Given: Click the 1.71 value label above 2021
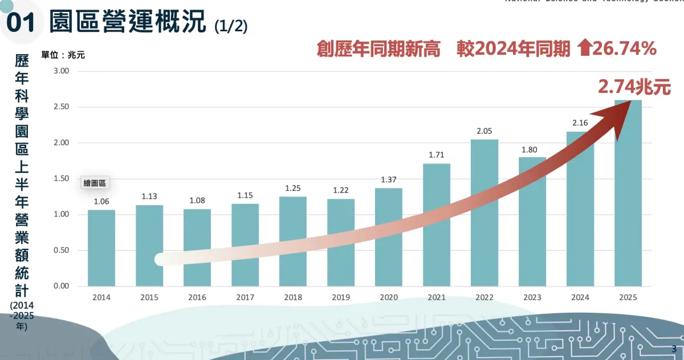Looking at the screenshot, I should tap(436, 154).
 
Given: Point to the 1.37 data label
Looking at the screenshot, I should tap(389, 179).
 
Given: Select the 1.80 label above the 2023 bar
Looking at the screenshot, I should tap(532, 149).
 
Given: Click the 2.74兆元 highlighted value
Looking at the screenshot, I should tap(634, 87).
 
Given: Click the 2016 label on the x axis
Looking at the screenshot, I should tap(197, 297).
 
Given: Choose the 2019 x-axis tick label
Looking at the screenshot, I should tap(341, 297).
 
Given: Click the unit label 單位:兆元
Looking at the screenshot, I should tap(63, 55).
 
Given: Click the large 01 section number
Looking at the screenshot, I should tap(21, 23).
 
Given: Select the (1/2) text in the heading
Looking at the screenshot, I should tap(231, 26).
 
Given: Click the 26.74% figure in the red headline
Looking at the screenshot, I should tap(625, 50).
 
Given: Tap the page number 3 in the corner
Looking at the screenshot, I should tap(674, 349).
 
